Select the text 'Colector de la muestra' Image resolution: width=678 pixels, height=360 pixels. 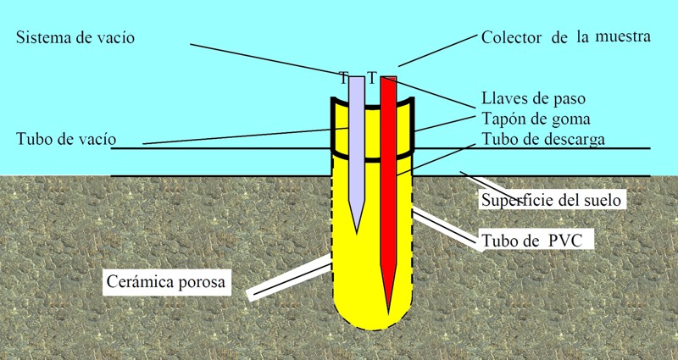pyautogui.click(x=565, y=38)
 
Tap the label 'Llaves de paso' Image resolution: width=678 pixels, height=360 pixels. pyautogui.click(x=533, y=99)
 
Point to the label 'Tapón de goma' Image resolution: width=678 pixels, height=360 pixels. pyautogui.click(x=536, y=119)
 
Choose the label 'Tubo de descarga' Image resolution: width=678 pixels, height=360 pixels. pyautogui.click(x=543, y=139)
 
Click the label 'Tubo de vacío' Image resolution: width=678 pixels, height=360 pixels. pyautogui.click(x=66, y=139)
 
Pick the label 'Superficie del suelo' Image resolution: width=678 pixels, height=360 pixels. pyautogui.click(x=553, y=201)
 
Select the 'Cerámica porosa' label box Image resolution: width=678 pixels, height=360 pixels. pyautogui.click(x=167, y=281)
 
